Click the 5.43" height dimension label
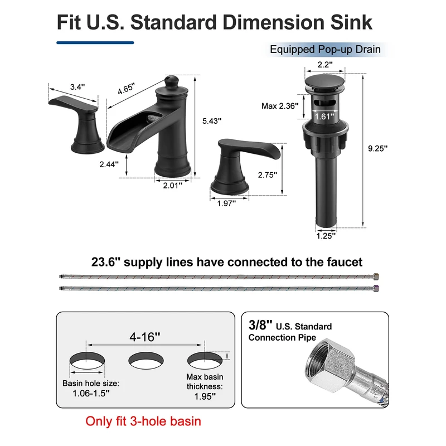[212, 121]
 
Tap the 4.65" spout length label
[126, 89]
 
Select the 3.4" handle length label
[77, 87]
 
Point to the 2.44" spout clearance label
[109, 164]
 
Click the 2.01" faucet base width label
[172, 186]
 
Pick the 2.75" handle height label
[268, 175]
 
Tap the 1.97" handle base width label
[226, 203]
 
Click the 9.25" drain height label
[378, 148]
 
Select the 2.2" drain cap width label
[325, 65]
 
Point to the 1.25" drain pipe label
[326, 235]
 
